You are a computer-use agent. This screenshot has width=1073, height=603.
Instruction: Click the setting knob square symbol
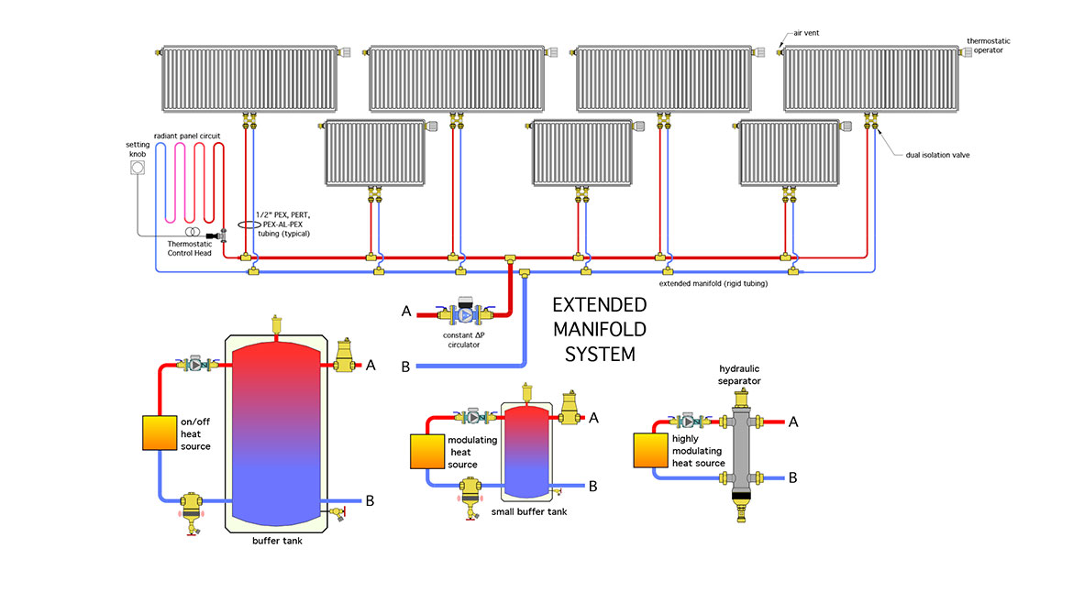(x=138, y=184)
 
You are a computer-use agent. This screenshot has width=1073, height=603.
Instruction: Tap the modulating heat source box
(x=426, y=451)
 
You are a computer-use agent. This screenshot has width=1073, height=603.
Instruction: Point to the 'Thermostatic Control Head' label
(x=189, y=248)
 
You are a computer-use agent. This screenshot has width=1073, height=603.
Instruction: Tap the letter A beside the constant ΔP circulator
(x=406, y=312)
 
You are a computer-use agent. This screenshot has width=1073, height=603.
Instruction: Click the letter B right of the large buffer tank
(x=370, y=500)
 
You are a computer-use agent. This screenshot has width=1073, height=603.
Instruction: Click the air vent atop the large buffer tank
(x=275, y=323)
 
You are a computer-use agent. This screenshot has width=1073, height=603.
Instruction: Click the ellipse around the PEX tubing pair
(x=249, y=223)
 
